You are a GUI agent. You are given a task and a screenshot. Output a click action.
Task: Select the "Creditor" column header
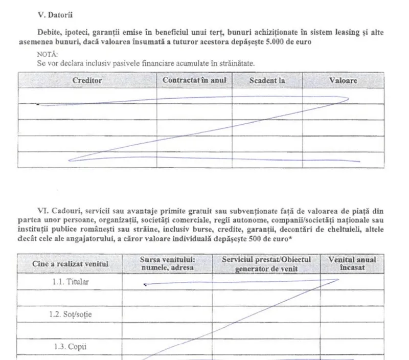[x=87, y=80]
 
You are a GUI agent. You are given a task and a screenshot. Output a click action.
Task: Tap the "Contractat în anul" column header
[x=194, y=80]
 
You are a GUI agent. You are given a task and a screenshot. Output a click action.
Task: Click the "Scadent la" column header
[x=267, y=80]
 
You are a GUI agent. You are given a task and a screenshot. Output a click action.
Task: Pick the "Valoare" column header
[x=343, y=80]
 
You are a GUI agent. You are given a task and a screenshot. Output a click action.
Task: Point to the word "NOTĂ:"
[x=48, y=54]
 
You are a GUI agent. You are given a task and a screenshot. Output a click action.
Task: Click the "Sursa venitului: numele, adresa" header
[x=168, y=263]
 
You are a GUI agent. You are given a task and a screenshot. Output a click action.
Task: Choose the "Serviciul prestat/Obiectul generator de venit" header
[x=266, y=263]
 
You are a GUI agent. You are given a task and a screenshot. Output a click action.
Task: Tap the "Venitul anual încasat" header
[x=352, y=263]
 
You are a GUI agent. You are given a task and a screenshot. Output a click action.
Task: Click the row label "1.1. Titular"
[x=70, y=282]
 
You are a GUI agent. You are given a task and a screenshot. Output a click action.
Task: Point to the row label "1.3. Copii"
[x=70, y=346]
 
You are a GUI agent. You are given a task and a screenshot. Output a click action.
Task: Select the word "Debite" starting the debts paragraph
[x=50, y=33]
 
